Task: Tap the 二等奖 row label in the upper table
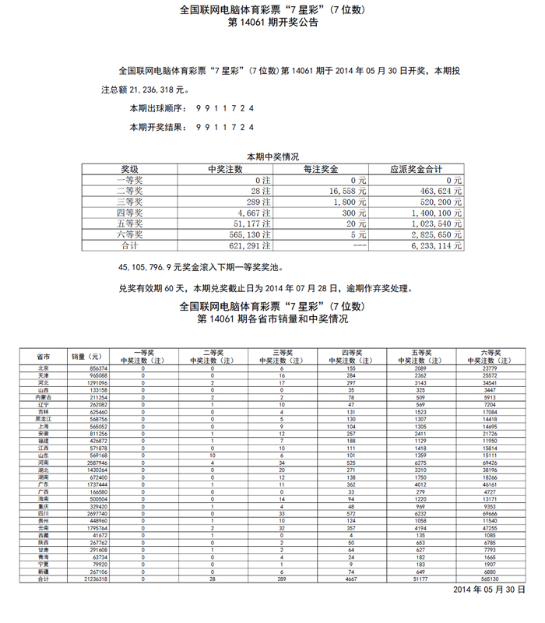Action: (129, 191)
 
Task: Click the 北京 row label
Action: (44, 368)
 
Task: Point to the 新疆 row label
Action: (44, 571)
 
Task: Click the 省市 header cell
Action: (44, 356)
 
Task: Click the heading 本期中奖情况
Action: (272, 157)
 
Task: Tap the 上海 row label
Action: (44, 427)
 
